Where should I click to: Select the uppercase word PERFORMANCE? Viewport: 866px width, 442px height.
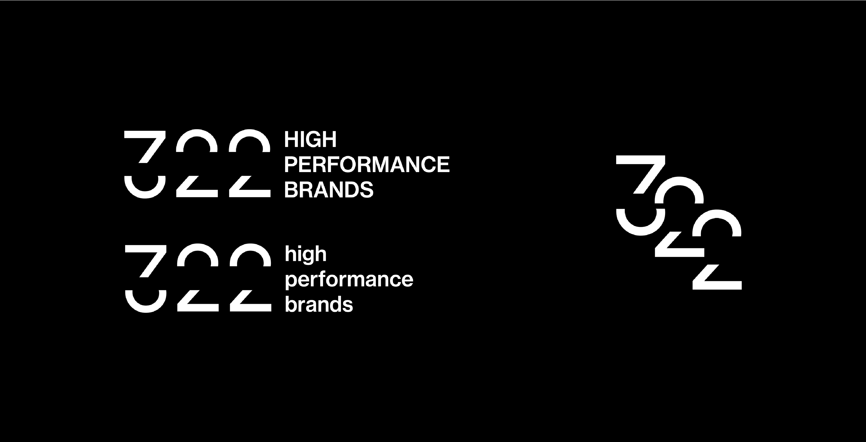tap(367, 164)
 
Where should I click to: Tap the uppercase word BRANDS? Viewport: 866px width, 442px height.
tap(329, 190)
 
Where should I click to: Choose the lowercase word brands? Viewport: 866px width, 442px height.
tap(319, 304)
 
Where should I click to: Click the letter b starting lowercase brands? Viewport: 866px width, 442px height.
tap(291, 304)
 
